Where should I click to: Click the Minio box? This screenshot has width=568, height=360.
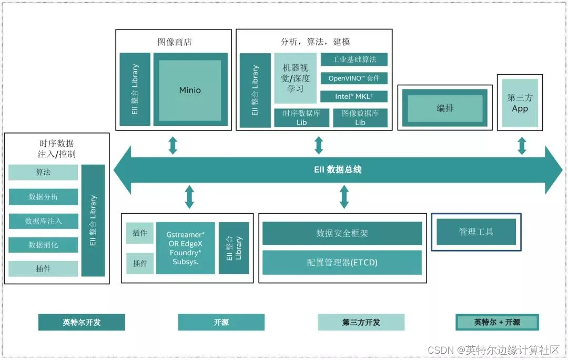190,90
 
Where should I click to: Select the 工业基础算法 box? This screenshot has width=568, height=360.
353,59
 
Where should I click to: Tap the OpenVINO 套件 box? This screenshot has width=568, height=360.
353,78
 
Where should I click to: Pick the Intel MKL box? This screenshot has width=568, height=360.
353,96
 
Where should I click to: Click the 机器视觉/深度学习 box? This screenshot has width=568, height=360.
295,78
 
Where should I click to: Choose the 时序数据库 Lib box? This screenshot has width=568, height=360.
301,117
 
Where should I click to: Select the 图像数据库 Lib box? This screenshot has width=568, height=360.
360,117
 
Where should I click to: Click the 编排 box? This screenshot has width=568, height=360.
445,108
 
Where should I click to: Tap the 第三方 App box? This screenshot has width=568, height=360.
520,103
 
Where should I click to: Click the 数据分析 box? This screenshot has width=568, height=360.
43,197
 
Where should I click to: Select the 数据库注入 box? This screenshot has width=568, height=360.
43,221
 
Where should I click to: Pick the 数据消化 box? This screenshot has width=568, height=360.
43,245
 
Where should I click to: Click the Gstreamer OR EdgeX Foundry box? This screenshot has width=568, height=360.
185,248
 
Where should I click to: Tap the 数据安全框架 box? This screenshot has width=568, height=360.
342,233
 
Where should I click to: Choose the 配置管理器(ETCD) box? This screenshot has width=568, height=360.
342,262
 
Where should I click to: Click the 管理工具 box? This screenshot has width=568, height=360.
476,232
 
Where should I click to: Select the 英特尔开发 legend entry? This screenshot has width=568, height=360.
82,322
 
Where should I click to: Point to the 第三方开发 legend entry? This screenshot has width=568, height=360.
361,322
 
